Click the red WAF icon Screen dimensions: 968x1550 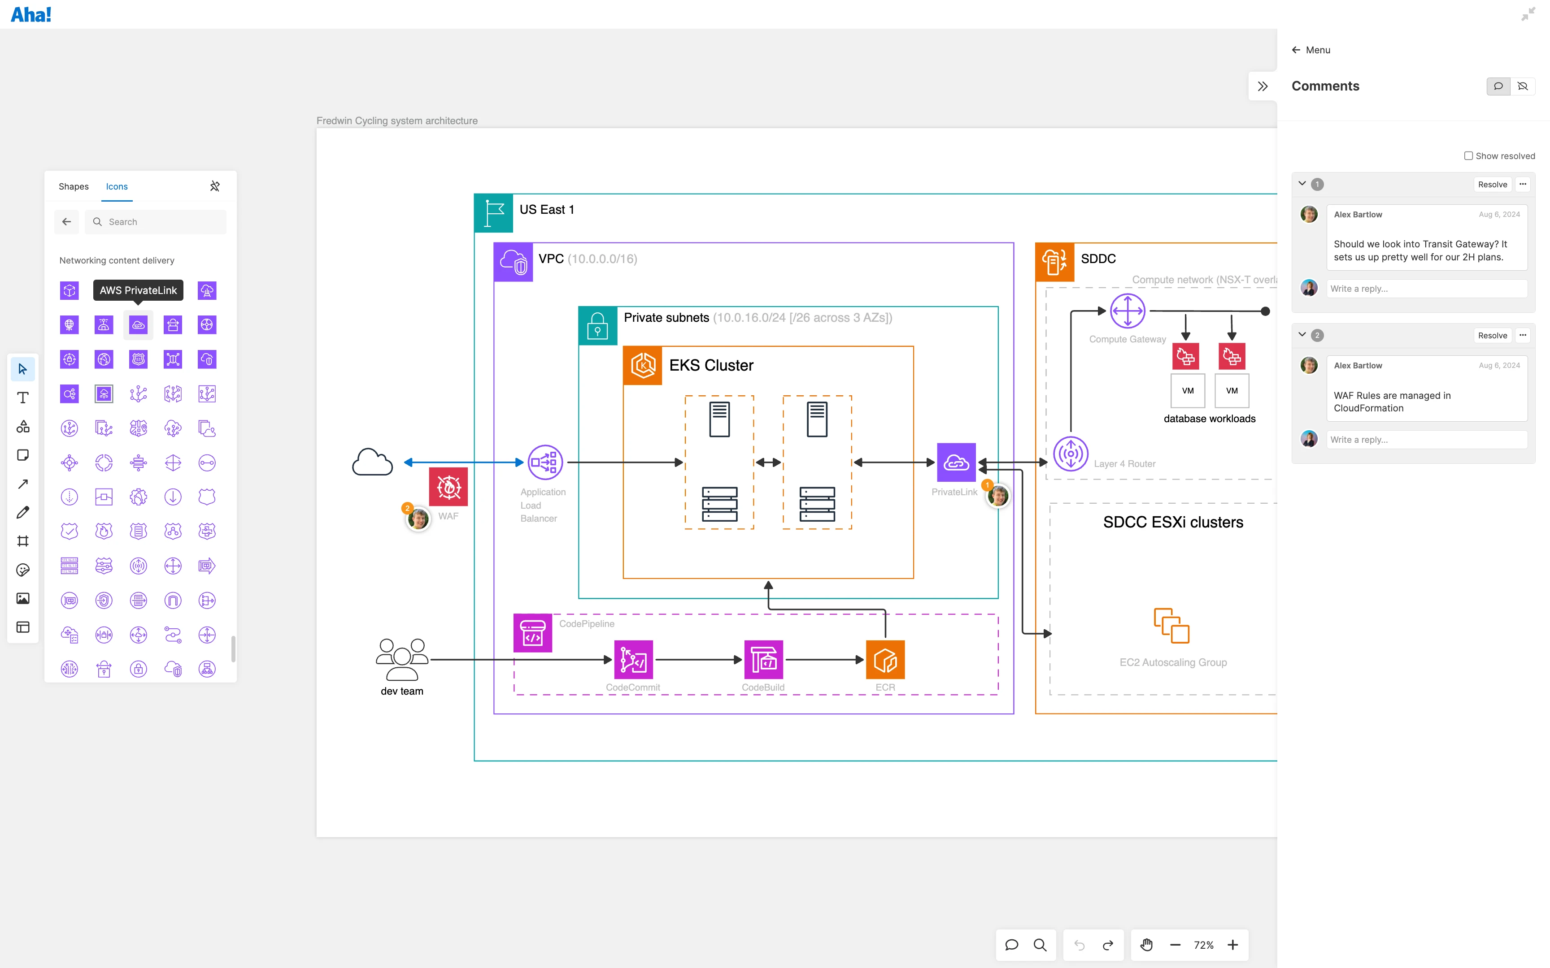(448, 487)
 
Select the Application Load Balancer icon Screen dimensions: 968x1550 (545, 462)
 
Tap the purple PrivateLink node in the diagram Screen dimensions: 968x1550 (956, 462)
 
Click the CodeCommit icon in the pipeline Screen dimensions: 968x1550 (633, 659)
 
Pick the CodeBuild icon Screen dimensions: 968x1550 (763, 659)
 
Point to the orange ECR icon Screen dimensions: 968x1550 (885, 659)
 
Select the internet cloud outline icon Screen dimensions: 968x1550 (372, 462)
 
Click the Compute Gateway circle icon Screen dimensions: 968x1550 (1127, 311)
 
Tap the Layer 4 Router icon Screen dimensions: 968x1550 (1070, 454)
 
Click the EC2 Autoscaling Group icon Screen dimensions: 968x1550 (1171, 626)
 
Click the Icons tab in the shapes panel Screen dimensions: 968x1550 (117, 186)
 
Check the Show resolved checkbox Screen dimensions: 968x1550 (1468, 156)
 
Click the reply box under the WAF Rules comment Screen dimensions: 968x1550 (1426, 440)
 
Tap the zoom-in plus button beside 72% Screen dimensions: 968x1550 (1233, 945)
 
